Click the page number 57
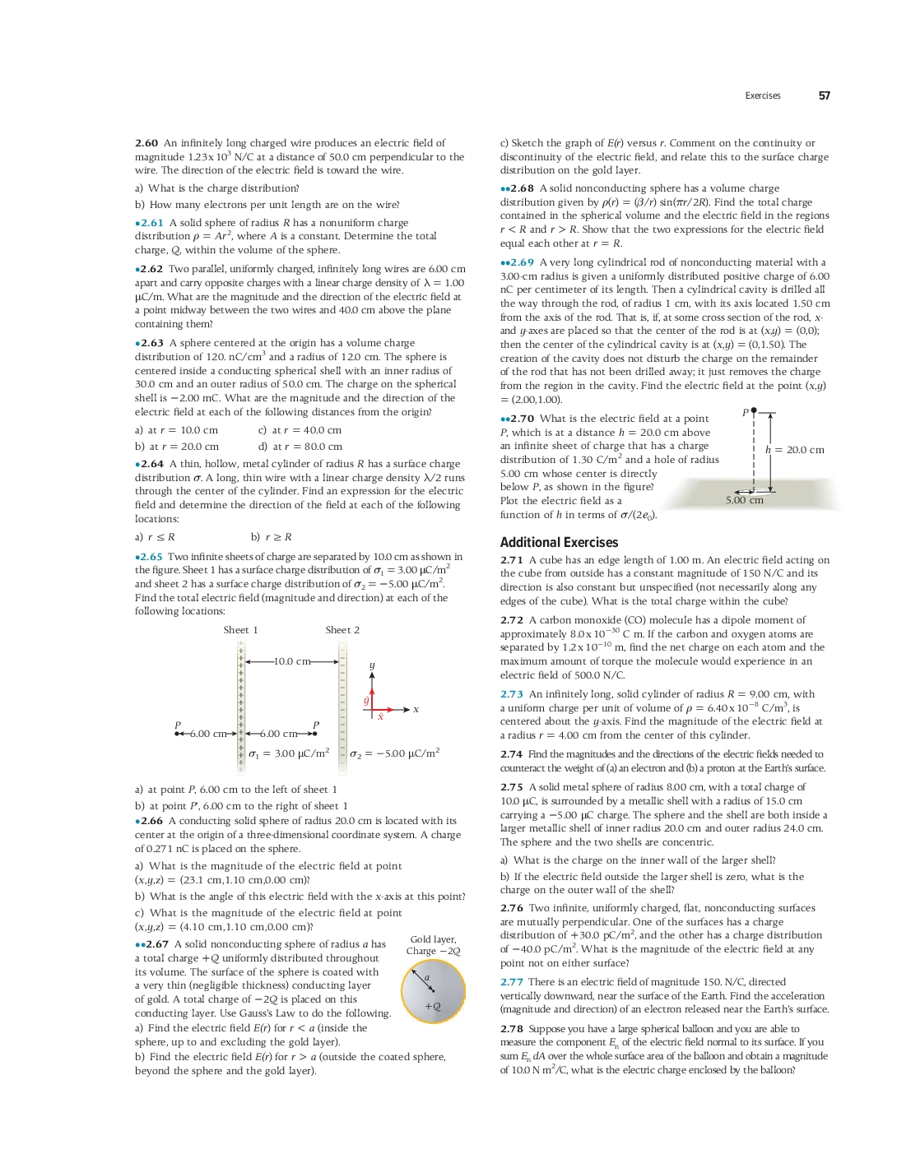point(824,95)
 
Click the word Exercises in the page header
point(762,95)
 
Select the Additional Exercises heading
point(559,542)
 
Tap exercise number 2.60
point(146,143)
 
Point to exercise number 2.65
point(151,557)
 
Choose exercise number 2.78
point(512,1029)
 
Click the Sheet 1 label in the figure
point(240,630)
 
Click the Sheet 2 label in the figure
point(342,630)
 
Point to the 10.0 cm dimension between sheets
point(292,661)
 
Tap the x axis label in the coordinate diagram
point(416,709)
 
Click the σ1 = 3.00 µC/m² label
point(289,753)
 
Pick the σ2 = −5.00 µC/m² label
point(395,753)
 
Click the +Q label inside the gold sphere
point(433,1006)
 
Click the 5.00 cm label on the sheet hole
point(744,500)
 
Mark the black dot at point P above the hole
point(754,410)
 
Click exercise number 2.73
point(512,694)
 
